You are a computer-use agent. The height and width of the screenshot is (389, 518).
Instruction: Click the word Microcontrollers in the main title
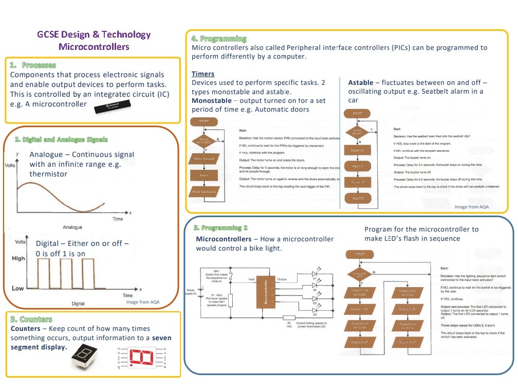94,47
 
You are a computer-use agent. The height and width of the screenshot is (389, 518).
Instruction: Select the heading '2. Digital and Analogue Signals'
62,139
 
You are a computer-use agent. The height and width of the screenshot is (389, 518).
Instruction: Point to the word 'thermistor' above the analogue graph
48,174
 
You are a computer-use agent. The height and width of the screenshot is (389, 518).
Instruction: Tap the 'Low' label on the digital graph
17,288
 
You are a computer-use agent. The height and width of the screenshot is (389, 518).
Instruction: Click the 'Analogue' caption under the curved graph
73,227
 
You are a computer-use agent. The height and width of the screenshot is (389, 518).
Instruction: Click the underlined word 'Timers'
203,74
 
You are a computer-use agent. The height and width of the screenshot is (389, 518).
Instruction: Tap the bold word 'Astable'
361,83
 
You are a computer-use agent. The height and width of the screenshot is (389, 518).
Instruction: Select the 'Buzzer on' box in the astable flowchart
358,150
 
